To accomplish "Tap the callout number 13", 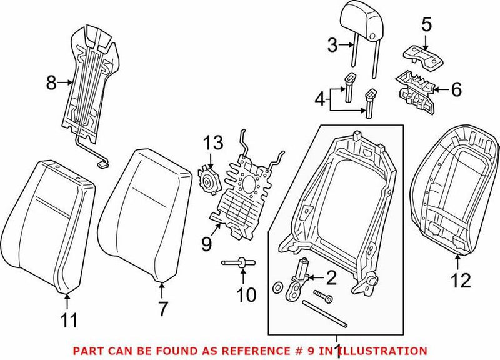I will coord(212,144).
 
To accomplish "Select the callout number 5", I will coord(426,26).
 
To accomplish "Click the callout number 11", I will coord(69,321).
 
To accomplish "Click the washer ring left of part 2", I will coord(277,289).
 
